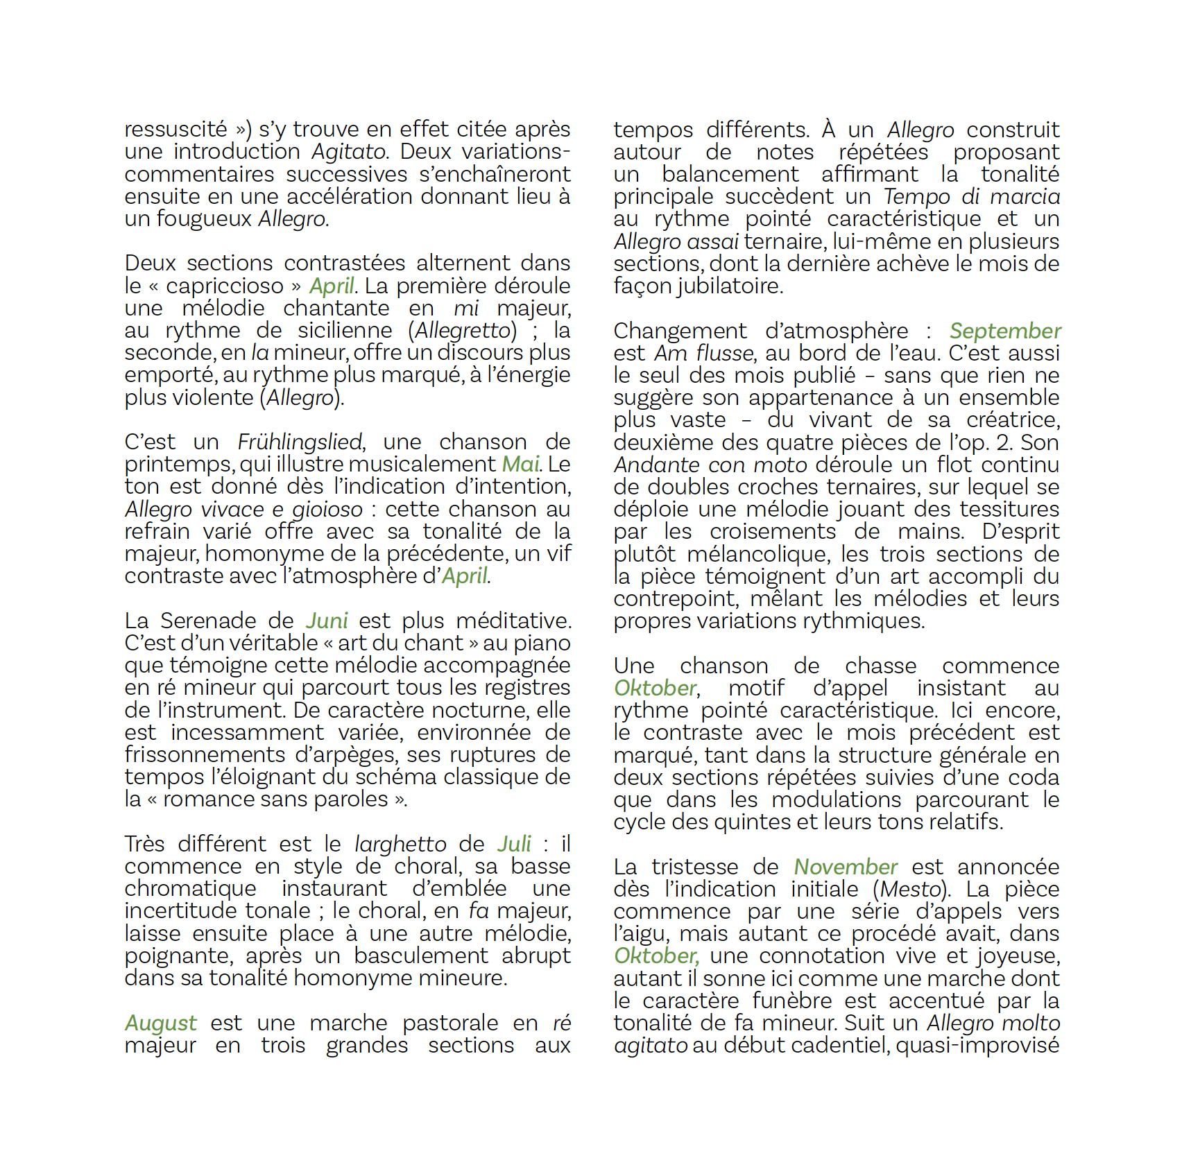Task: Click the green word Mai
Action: [520, 464]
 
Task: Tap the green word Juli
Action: [514, 844]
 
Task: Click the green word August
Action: [161, 1023]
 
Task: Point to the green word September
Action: [1004, 331]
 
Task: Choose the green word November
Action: [846, 867]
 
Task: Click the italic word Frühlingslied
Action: [300, 442]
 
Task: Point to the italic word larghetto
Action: [400, 844]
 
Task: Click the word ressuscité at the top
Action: [175, 130]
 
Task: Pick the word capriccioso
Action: [225, 286]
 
